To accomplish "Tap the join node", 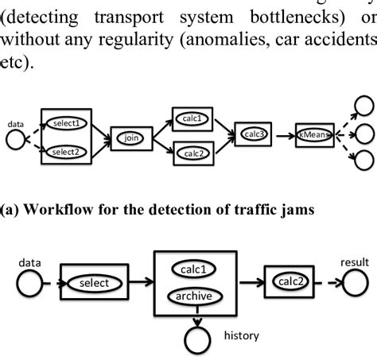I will pyautogui.click(x=130, y=137).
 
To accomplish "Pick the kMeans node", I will pyautogui.click(x=313, y=134).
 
